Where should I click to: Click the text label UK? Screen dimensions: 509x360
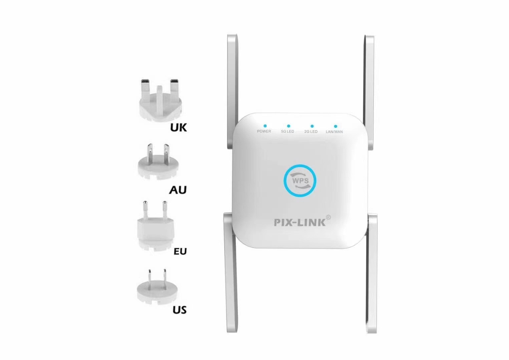[x=178, y=127]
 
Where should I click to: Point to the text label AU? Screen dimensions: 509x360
[x=178, y=190]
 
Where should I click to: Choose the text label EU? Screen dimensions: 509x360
[x=180, y=251]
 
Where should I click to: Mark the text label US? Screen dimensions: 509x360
[x=179, y=310]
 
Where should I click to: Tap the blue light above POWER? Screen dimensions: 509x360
[x=265, y=126]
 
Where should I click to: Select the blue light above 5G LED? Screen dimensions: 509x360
[x=289, y=126]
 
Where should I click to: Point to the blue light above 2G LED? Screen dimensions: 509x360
[x=312, y=126]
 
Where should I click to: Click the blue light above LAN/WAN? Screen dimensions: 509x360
[x=336, y=126]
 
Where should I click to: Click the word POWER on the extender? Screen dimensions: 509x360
[x=264, y=131]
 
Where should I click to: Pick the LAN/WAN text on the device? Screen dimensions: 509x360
[x=334, y=132]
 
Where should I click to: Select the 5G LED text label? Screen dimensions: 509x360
[x=288, y=132]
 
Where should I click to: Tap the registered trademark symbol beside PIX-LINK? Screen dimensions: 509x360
[x=328, y=217]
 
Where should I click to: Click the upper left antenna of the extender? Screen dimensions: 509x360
[x=232, y=91]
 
